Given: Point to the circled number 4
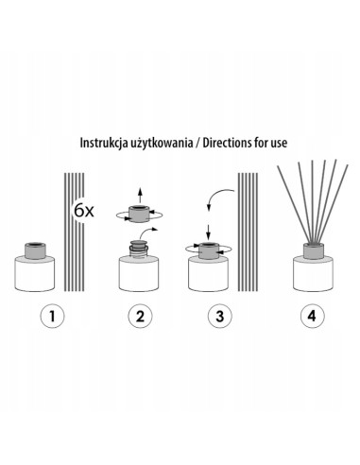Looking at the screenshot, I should (310, 317).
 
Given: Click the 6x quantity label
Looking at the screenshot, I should (83, 209).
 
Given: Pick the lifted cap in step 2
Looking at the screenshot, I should (139, 214).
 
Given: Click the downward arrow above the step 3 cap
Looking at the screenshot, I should (207, 230).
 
